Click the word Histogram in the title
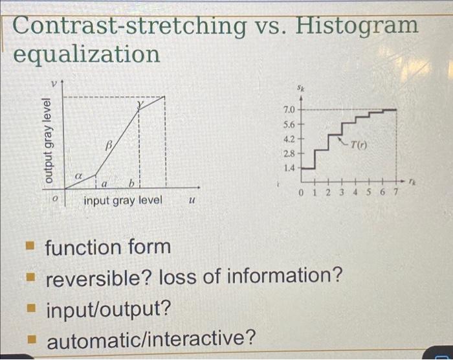click(357, 26)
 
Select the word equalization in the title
click(87, 54)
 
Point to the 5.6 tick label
click(289, 124)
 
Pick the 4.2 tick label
click(289, 139)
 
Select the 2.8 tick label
click(289, 153)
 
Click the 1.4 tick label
click(289, 167)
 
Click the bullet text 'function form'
click(107, 247)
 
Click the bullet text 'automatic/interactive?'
click(151, 339)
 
